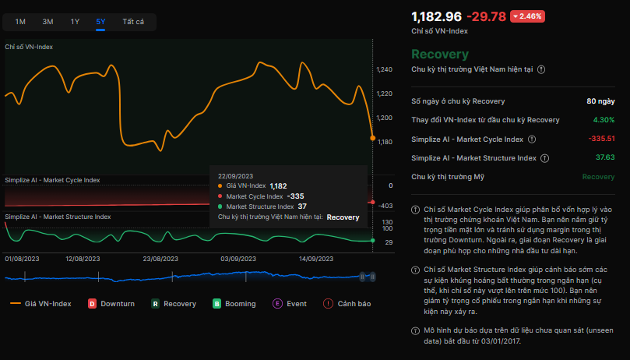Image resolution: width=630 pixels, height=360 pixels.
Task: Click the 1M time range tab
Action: [20, 22]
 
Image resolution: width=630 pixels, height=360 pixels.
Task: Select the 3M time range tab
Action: [48, 22]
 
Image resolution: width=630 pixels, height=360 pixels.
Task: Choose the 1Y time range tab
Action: [75, 22]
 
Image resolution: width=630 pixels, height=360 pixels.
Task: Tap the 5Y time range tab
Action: [101, 22]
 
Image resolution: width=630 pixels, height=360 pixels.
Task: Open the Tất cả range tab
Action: [133, 22]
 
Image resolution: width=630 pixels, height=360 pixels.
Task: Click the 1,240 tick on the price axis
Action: [385, 70]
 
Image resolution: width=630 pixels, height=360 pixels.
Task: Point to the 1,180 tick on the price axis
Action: [385, 142]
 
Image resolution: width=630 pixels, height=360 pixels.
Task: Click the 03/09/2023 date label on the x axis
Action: [238, 259]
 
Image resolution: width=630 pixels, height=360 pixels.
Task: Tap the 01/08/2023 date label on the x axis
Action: [22, 259]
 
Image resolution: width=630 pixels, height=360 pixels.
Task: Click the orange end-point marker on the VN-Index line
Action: [373, 138]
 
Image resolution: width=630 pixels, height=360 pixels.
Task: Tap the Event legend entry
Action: [290, 304]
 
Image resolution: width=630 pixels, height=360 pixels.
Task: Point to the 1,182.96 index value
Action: [436, 16]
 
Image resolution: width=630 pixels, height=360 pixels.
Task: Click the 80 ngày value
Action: [600, 101]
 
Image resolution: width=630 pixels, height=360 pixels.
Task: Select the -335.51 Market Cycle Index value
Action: [601, 139]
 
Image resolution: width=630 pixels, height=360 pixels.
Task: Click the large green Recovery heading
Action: [440, 55]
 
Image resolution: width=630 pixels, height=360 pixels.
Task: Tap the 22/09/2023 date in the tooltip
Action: [235, 176]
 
